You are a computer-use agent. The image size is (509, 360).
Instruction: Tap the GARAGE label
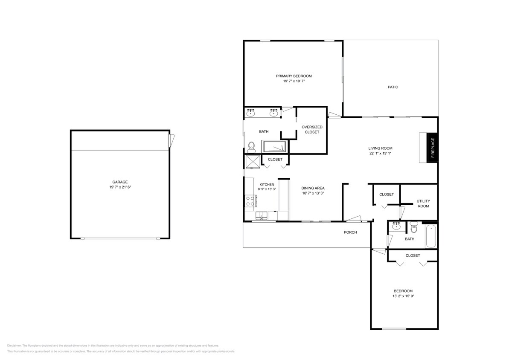(120, 182)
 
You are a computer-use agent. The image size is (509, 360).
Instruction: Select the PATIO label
(393, 87)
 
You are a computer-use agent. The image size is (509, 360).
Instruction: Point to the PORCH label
(350, 232)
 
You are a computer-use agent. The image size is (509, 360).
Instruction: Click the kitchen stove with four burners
(250, 201)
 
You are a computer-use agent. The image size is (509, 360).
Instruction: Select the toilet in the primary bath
(251, 147)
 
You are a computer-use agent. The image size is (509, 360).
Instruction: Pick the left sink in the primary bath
(251, 113)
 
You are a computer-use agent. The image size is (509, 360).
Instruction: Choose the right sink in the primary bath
(273, 113)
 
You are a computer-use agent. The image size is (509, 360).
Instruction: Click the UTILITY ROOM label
(423, 203)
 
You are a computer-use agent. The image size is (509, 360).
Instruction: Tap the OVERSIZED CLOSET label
(312, 130)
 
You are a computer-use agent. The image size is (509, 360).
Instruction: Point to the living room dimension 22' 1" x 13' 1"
(380, 154)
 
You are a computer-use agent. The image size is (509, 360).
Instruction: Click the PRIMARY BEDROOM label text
(294, 76)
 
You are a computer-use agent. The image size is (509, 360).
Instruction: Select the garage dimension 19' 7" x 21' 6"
(120, 187)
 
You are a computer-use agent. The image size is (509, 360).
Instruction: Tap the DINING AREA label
(313, 188)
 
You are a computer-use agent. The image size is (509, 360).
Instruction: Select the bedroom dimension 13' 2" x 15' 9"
(403, 296)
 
